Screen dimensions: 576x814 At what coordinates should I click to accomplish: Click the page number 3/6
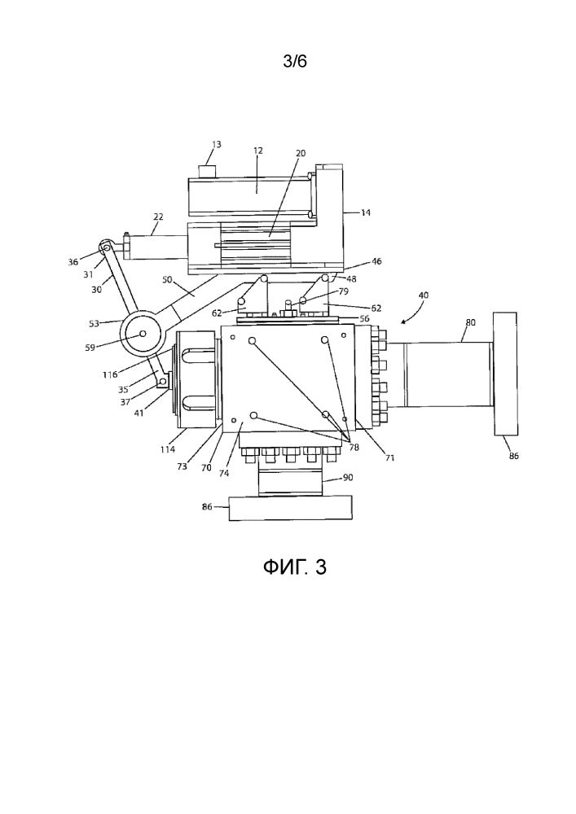[294, 61]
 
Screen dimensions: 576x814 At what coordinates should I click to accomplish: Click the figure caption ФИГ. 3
[294, 567]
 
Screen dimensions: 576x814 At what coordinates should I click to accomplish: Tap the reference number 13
[216, 144]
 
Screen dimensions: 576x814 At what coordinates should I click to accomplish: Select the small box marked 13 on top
[208, 171]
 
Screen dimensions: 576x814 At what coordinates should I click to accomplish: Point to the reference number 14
[365, 212]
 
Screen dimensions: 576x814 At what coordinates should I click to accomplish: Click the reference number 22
[158, 217]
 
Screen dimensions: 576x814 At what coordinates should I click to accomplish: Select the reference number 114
[167, 449]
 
